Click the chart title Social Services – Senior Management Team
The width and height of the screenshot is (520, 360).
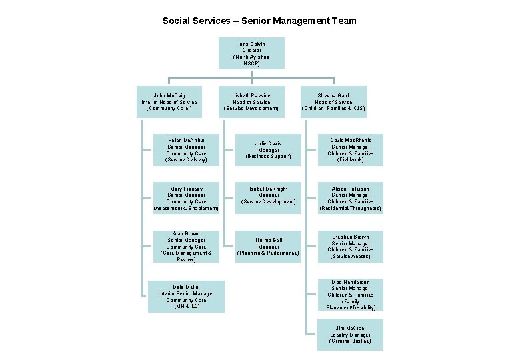click(x=259, y=21)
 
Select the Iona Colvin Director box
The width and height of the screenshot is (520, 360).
click(x=251, y=53)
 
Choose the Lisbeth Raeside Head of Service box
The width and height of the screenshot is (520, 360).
click(x=251, y=101)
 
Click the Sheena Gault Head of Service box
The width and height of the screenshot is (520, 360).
click(x=334, y=101)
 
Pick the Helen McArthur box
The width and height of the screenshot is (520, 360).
click(x=186, y=150)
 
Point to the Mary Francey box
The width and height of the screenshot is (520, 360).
click(x=186, y=198)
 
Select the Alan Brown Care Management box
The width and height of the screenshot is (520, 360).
click(x=186, y=247)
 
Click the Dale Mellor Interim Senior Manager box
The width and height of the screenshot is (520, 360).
click(x=186, y=297)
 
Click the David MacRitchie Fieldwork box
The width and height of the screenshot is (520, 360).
click(x=350, y=150)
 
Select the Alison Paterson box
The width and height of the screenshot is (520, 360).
click(x=350, y=198)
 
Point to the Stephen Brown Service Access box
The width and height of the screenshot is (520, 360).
click(x=350, y=247)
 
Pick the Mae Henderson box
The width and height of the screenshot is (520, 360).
click(x=350, y=295)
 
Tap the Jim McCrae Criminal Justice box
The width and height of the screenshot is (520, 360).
click(x=350, y=335)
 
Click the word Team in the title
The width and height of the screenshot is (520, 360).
click(x=343, y=21)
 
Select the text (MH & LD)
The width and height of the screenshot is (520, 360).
click(x=186, y=307)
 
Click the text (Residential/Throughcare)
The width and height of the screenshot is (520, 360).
click(x=350, y=208)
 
